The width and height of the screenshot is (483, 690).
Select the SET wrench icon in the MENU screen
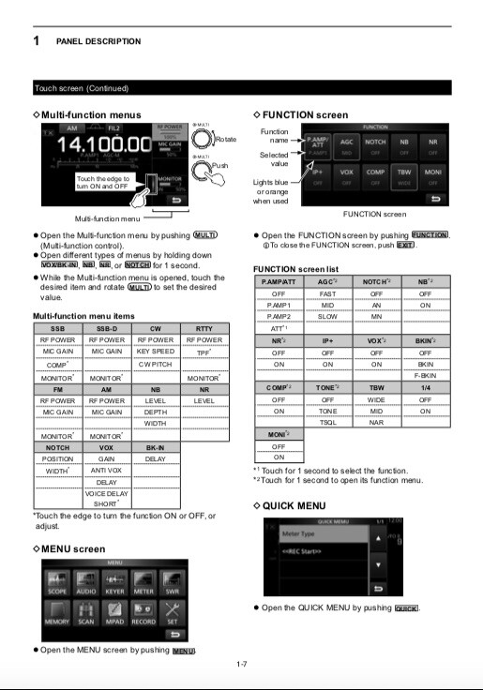[172, 615]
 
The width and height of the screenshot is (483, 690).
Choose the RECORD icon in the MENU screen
[143, 615]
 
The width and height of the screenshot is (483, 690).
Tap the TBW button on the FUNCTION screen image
[404, 176]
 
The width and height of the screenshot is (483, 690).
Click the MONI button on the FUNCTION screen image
[433, 176]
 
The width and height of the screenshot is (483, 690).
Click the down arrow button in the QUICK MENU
[378, 565]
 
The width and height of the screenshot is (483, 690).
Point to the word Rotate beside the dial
[225, 139]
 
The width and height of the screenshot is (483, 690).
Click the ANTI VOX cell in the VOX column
[107, 471]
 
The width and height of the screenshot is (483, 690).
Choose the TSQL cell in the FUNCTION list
[327, 422]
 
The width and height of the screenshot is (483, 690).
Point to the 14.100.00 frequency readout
[100, 145]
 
